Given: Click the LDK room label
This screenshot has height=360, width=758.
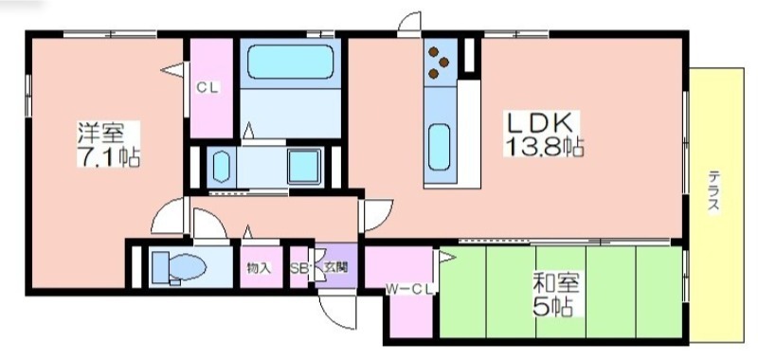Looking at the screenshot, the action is [x=539, y=123].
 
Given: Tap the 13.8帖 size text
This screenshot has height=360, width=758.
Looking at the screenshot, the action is [x=544, y=147].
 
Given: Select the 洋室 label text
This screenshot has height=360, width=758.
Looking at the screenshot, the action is [x=101, y=133].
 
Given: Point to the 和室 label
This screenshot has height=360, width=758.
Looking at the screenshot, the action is [x=555, y=283].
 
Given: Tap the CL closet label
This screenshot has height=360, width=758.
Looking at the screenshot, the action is [x=208, y=88].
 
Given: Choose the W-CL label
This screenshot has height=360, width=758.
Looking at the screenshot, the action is [x=411, y=290].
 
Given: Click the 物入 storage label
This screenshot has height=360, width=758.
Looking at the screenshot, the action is [x=258, y=269].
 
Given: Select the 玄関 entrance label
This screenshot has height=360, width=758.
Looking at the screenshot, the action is [x=335, y=268].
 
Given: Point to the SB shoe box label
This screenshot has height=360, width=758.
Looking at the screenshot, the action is [x=299, y=269].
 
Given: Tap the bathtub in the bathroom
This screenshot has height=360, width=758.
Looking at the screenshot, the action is [x=291, y=62].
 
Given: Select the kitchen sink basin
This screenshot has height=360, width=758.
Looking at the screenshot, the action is [x=439, y=147].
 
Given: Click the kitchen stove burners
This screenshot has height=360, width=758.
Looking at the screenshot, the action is [x=439, y=62].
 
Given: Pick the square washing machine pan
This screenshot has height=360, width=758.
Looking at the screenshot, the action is [x=304, y=166].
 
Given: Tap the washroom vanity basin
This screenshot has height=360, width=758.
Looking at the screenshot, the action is [x=222, y=166].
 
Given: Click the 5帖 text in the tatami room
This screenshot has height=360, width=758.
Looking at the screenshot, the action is [x=552, y=306].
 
